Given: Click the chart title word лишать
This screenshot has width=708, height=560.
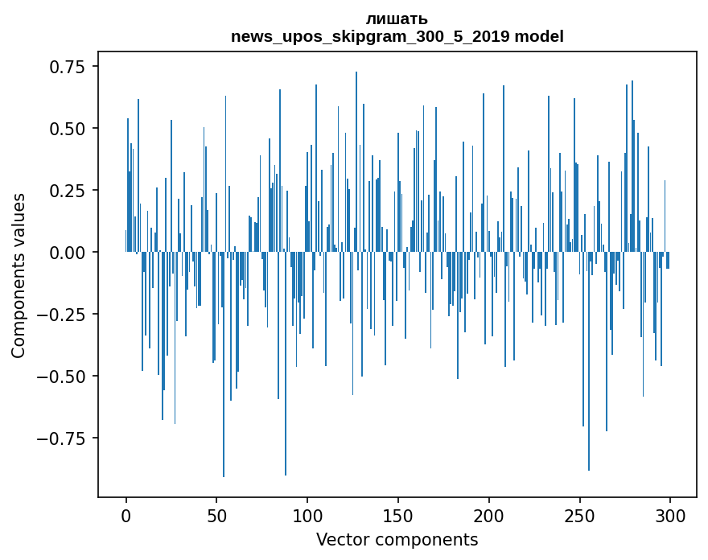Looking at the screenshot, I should coord(397,19).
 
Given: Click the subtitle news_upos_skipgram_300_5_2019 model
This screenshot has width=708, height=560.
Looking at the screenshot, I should coord(397,36).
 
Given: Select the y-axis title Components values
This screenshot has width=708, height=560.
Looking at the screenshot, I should coord(19,275).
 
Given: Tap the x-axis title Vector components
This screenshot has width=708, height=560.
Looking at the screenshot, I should coord(397,539).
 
